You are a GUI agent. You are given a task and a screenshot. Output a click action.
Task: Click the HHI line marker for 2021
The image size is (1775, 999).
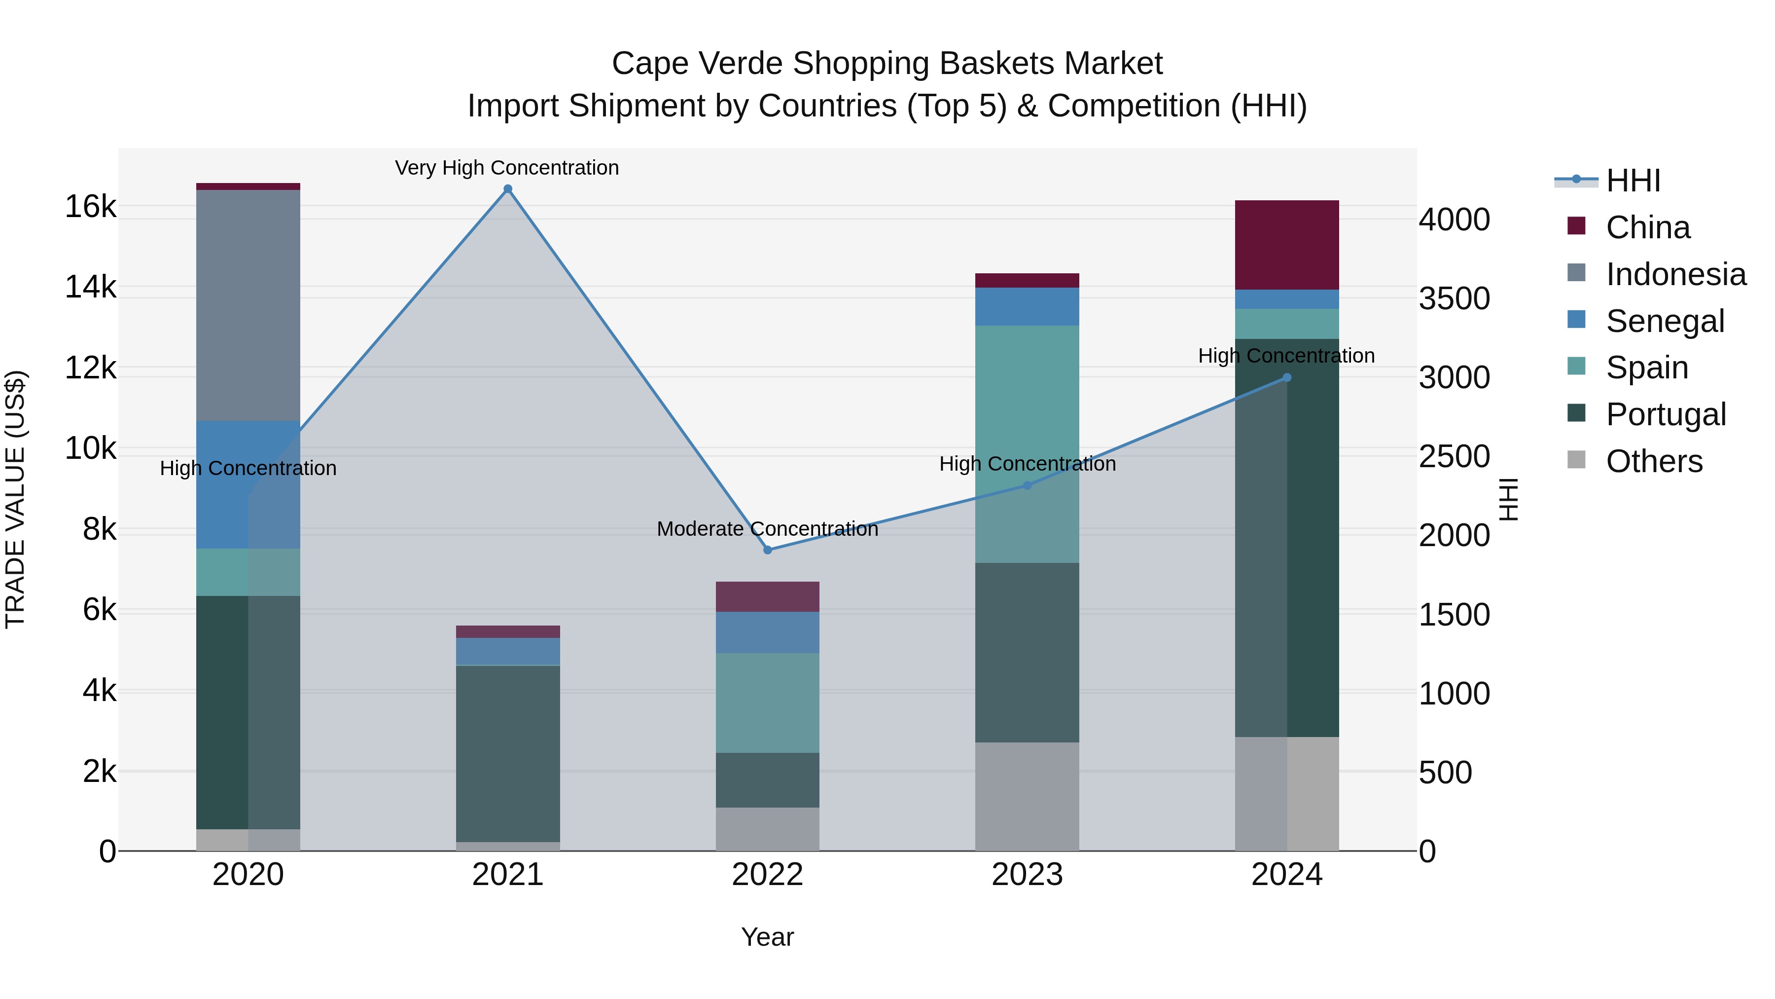tap(508, 189)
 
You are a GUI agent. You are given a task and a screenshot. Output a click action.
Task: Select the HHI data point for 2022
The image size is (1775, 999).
tap(768, 550)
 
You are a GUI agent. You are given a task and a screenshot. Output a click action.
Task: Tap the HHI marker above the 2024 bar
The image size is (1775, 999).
tap(1286, 377)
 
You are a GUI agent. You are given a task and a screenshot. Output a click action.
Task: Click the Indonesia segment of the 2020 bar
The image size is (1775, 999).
tap(248, 305)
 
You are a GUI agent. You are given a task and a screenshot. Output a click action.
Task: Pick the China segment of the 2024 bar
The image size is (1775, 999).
tap(1286, 245)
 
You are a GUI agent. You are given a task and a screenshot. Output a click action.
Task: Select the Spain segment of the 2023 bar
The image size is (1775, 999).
tap(1027, 444)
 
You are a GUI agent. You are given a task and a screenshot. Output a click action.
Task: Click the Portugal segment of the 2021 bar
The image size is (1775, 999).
tap(508, 753)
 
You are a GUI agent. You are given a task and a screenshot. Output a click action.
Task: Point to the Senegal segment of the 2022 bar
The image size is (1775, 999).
tap(768, 632)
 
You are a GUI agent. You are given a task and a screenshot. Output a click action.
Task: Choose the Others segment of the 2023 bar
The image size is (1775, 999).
tap(1027, 796)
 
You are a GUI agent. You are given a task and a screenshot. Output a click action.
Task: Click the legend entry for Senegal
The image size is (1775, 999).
tap(1665, 321)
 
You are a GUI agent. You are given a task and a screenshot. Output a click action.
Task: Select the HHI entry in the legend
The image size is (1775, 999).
tap(1633, 181)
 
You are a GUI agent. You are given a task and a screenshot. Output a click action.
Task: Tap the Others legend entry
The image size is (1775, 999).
tap(1654, 461)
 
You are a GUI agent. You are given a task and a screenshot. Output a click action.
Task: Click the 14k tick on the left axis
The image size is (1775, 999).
tap(90, 287)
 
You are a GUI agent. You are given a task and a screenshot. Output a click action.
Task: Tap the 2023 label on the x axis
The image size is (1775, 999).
tap(1027, 875)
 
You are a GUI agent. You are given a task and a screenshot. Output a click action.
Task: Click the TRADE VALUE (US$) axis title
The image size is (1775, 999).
tap(15, 499)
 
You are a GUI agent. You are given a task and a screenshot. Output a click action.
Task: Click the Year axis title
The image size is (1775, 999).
tap(767, 937)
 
